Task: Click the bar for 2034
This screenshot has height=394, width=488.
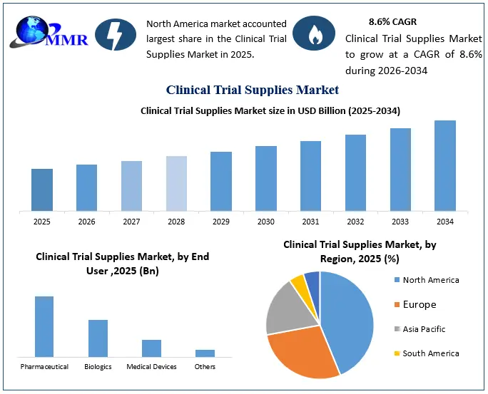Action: point(445,165)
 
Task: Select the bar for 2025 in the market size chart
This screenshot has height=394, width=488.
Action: point(42,190)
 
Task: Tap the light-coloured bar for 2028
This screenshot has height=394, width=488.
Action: point(176,184)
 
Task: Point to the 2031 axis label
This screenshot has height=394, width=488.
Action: point(310,222)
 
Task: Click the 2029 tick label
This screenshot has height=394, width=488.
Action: point(221,222)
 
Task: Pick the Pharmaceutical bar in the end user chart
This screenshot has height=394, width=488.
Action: point(44,326)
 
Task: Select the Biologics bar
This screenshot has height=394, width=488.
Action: point(98,338)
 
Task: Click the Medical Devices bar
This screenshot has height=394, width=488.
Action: point(151,348)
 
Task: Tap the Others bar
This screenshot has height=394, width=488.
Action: point(205,353)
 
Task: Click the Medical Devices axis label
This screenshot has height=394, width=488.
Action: point(151,367)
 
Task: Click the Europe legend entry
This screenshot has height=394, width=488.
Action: point(415,304)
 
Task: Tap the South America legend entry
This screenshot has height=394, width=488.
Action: point(427,353)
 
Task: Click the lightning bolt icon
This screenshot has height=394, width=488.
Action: point(116,34)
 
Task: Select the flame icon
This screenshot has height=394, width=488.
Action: point(314,33)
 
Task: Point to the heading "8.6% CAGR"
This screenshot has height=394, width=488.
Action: point(393,22)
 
